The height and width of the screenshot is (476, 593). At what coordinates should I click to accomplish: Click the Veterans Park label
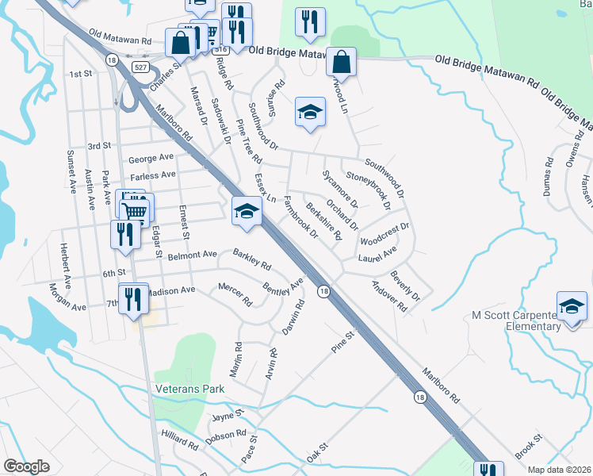point(190,389)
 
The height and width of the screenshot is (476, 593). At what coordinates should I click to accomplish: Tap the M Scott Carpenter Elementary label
point(527,321)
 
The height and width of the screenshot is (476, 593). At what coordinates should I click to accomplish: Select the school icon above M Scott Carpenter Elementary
point(572,306)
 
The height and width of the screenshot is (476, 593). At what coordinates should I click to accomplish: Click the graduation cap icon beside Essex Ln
point(247,212)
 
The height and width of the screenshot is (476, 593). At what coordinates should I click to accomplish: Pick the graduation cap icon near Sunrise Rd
point(310,112)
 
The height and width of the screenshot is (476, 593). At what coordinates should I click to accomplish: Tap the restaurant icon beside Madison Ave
point(133,299)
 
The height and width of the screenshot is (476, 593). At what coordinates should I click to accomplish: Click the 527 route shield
point(140,68)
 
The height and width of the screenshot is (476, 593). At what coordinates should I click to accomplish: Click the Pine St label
point(342,347)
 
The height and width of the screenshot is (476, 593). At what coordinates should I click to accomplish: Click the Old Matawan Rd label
point(120,38)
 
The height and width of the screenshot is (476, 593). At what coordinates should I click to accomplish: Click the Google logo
point(27,466)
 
